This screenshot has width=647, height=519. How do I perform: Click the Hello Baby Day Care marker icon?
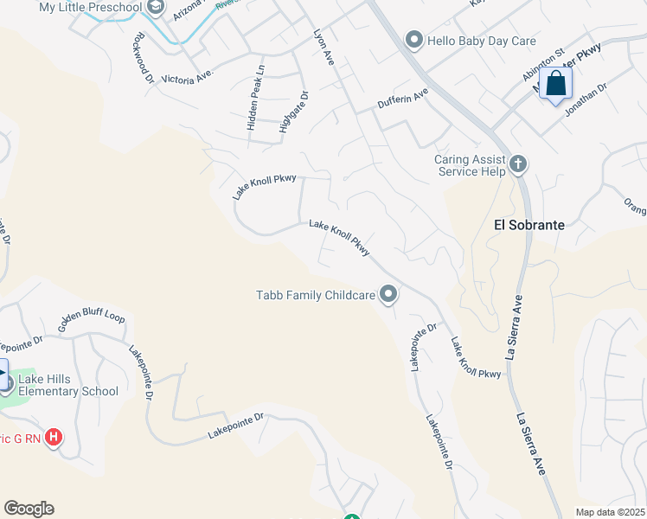414,41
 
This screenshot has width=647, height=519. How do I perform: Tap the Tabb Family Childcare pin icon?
388,295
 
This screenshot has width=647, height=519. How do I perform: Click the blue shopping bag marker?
556,85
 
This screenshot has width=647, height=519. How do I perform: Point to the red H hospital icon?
54,438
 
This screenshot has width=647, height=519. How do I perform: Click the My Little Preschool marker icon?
156,8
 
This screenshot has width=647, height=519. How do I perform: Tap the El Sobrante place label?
528,225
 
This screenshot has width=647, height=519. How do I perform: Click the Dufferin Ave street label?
403,98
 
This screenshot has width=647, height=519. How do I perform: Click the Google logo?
29,509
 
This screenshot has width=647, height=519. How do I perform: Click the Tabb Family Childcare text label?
316,296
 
